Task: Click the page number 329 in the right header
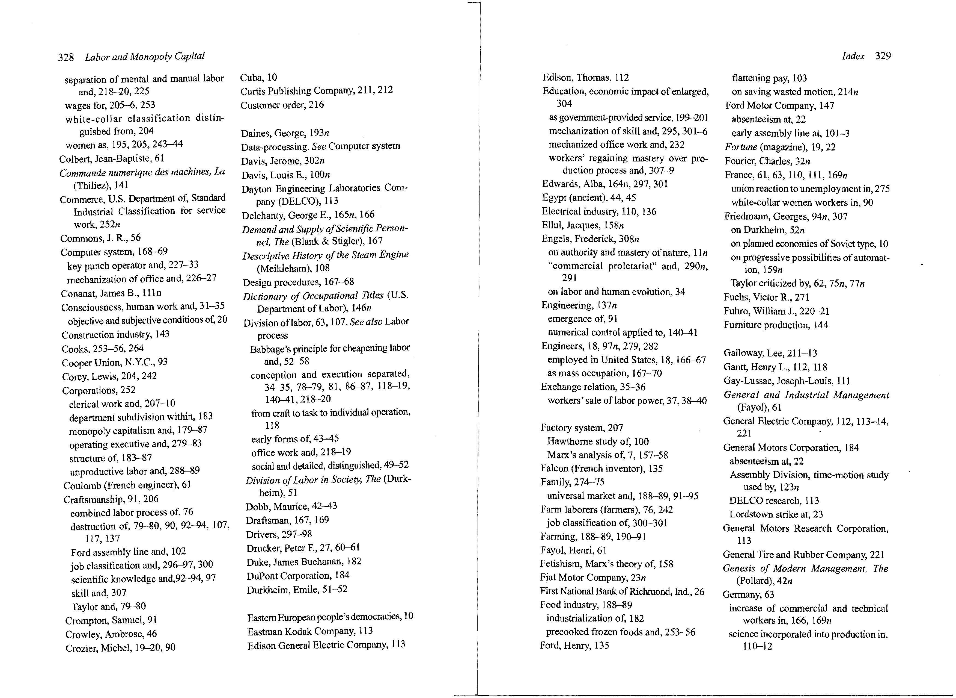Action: pos(883,56)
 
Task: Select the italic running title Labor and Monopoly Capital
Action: pos(144,57)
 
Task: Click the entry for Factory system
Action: pos(581,428)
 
